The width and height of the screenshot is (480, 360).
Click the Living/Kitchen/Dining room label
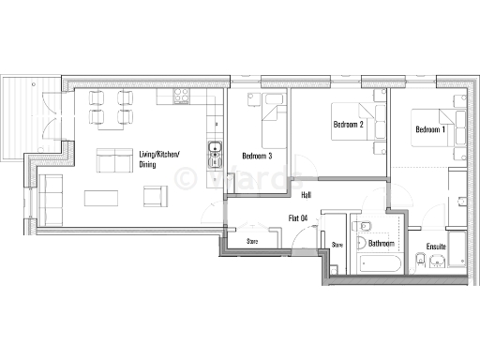point(159,159)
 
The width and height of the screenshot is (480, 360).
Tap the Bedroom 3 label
point(256,156)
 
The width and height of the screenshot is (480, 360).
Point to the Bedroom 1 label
point(429,128)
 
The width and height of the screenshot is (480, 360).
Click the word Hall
point(306,196)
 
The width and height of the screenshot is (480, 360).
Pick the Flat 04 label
point(300,218)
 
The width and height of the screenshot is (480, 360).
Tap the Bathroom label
point(382,243)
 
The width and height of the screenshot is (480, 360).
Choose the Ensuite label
point(436,247)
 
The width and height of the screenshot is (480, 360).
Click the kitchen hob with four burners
point(182,97)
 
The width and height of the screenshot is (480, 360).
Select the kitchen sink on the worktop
point(215,147)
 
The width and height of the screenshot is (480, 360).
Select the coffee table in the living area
point(103,198)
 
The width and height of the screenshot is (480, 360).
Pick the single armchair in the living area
point(154,196)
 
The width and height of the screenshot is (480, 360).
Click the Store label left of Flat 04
point(252,241)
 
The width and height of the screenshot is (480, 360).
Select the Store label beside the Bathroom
point(337,244)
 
